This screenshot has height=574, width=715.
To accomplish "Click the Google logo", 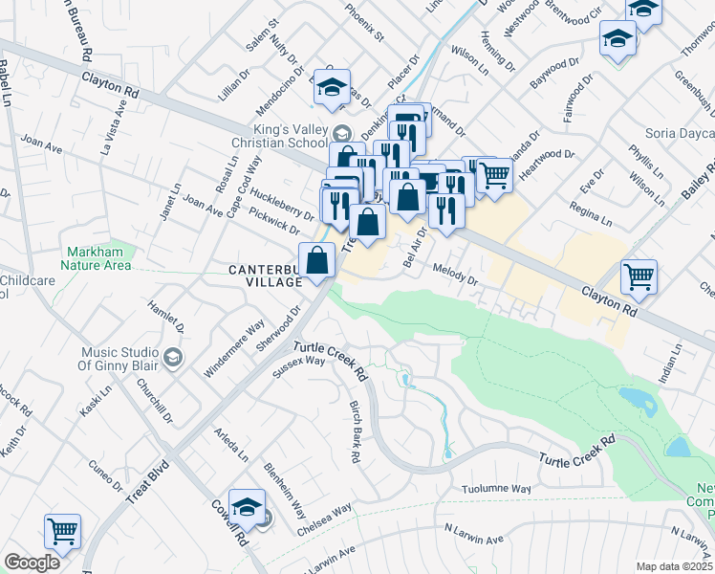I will pyautogui.click(x=32, y=563).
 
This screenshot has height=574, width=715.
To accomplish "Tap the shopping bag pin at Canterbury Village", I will pyautogui.click(x=316, y=261).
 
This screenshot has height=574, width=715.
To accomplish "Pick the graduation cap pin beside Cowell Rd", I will pyautogui.click(x=247, y=507).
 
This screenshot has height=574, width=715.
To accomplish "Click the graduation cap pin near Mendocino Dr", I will pyautogui.click(x=332, y=87).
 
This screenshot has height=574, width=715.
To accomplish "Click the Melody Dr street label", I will pyautogui.click(x=455, y=275).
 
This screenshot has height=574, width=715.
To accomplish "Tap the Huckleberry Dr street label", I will pyautogui.click(x=282, y=210).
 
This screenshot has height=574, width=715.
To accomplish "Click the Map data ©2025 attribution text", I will pyautogui.click(x=675, y=566).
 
